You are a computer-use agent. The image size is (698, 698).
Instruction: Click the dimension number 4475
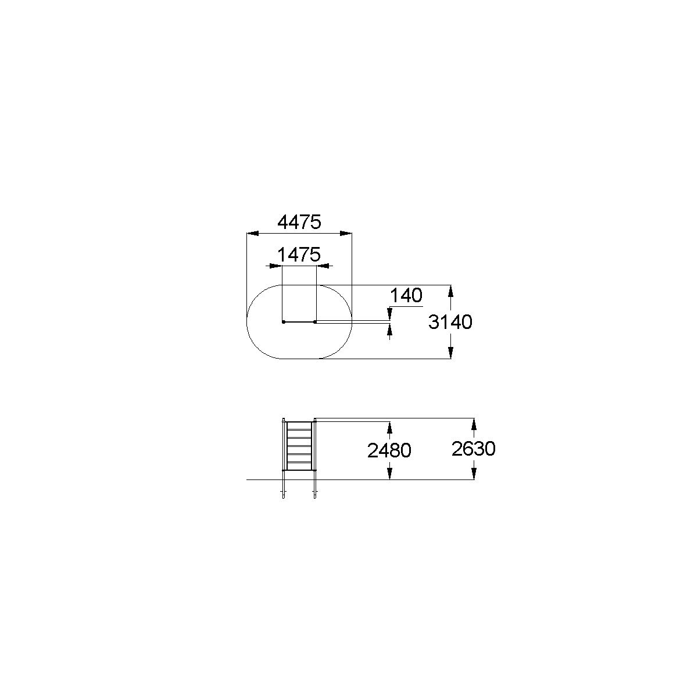[x=299, y=222]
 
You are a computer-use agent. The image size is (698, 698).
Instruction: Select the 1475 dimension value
[x=299, y=255]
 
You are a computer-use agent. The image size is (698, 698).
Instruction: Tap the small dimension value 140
[x=406, y=296]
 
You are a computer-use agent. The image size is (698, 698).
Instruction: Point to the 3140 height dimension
[x=450, y=322]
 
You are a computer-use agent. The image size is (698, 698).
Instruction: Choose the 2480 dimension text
[x=389, y=450]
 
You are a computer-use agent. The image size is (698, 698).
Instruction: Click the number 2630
[x=474, y=449]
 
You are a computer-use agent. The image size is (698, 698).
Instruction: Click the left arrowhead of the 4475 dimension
[x=252, y=233]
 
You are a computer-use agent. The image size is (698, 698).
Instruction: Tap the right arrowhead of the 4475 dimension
[x=346, y=233]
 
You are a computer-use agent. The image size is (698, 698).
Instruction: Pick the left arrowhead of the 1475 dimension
[x=276, y=266]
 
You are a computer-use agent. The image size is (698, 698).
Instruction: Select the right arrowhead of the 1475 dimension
[x=323, y=266]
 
